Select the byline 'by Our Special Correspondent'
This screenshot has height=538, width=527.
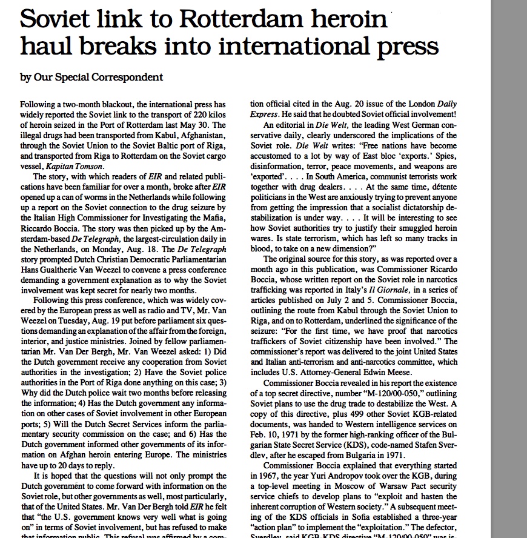pyautogui.click(x=91, y=77)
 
